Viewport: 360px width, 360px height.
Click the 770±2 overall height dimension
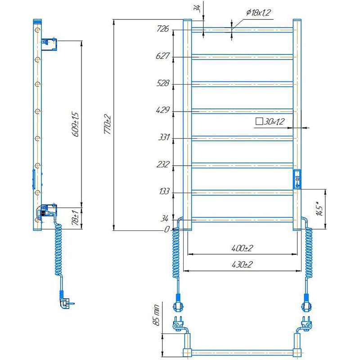click(108, 124)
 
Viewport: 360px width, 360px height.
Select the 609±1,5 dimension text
click(76, 124)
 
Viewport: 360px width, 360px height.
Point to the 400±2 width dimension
click(242, 248)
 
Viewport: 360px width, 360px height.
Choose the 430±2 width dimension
click(242, 265)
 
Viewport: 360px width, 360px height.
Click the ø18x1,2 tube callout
click(258, 13)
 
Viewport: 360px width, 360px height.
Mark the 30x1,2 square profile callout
click(270, 121)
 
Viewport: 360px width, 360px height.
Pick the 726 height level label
click(163, 29)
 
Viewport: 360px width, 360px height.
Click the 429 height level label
click(163, 110)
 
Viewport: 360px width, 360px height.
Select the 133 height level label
click(164, 191)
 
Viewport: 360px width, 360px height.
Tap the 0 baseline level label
click(167, 229)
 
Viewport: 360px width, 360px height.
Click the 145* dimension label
click(320, 208)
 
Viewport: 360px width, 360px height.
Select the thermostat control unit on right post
click(297, 179)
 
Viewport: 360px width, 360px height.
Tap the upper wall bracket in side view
click(49, 44)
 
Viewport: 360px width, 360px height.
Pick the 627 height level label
click(162, 56)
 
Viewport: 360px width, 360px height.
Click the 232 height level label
click(163, 164)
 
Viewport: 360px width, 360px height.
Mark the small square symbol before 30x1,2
click(259, 121)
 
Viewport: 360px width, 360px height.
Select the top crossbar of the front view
click(242, 30)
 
